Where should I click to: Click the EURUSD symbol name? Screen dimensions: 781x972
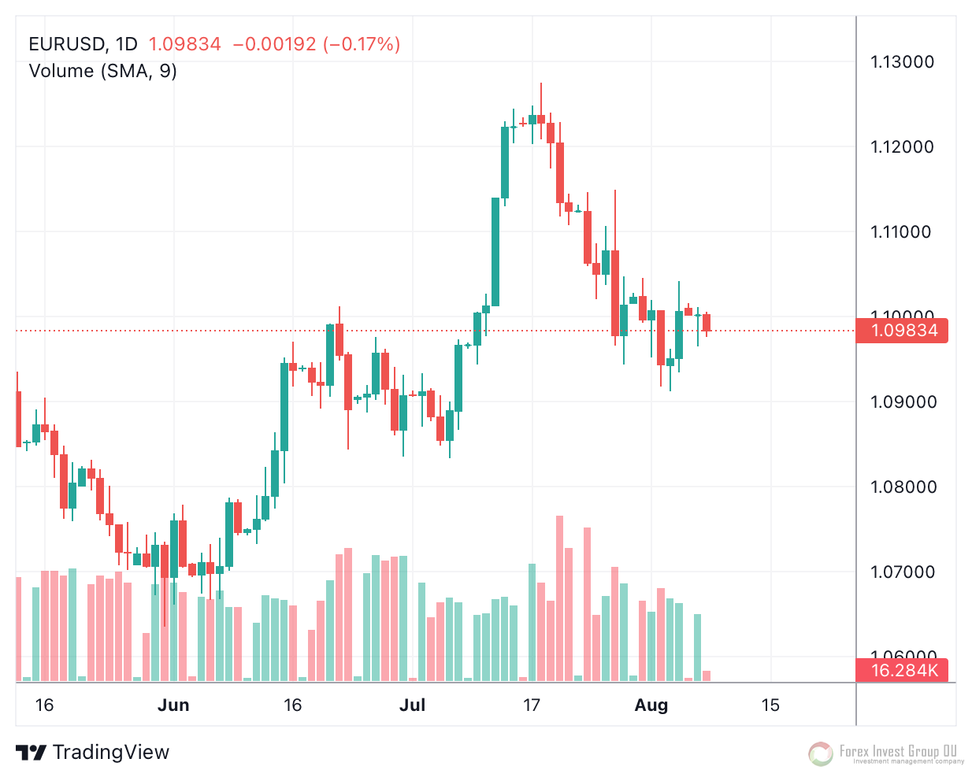tap(66, 44)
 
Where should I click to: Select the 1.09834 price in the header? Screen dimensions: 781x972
tap(185, 44)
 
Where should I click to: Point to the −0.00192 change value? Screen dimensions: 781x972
tap(275, 44)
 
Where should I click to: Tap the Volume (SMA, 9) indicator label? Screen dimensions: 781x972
tap(102, 71)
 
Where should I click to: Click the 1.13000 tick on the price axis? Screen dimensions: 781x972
tap(902, 62)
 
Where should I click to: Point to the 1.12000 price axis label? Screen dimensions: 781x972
tap(902, 147)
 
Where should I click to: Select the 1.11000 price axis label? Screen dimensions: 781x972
tap(902, 232)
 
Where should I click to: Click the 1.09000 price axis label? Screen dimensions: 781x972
tap(902, 402)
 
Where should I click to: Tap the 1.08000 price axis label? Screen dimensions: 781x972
tap(902, 487)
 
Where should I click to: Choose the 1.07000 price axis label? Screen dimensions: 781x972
tap(902, 572)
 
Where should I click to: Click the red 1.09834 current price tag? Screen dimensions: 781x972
tap(903, 331)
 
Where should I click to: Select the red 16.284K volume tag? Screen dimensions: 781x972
tap(903, 671)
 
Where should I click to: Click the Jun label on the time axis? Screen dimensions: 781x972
tap(173, 705)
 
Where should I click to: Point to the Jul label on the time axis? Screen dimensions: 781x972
tap(412, 705)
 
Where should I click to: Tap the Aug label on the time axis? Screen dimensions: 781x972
tap(651, 705)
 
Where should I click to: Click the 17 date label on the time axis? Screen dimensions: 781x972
tap(532, 705)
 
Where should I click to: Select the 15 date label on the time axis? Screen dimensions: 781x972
tap(770, 705)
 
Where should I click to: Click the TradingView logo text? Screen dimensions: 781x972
tap(110, 753)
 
